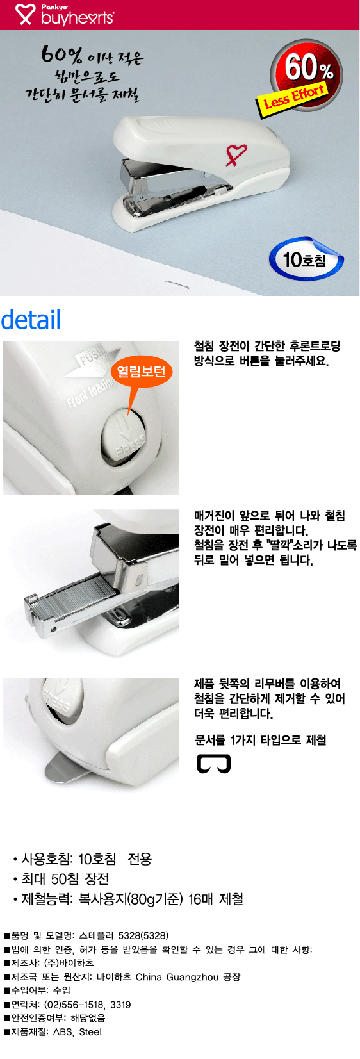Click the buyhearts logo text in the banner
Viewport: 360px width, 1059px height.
point(77,18)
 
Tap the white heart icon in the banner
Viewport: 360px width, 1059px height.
point(25,14)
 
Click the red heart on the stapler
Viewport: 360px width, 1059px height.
point(235,154)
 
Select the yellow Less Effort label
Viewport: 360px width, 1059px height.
point(293,97)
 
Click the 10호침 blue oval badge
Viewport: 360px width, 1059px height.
point(306,259)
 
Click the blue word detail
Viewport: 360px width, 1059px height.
point(31,320)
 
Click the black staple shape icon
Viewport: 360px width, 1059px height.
point(213,764)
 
